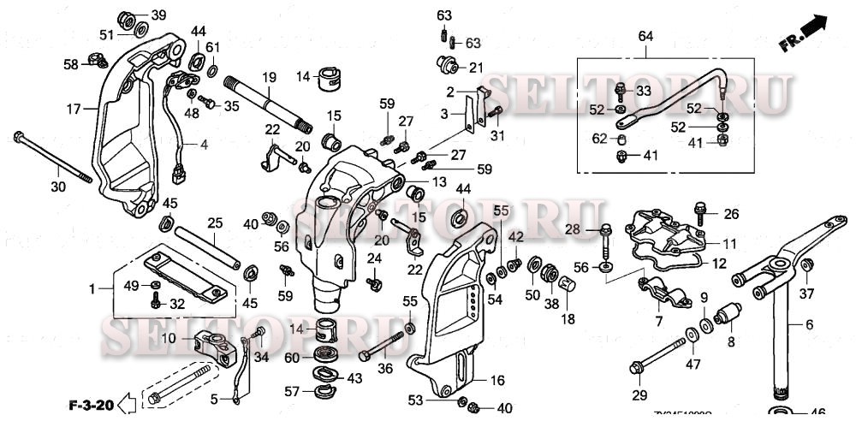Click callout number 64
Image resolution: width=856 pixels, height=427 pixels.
[x=645, y=35]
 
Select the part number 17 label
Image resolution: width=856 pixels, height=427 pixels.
[x=74, y=109]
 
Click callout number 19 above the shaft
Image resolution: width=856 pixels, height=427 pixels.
[x=268, y=77]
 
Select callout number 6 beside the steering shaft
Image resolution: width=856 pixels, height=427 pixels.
[x=809, y=326]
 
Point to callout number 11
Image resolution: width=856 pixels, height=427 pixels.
[x=730, y=244]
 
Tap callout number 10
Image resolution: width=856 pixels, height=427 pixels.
[x=169, y=339]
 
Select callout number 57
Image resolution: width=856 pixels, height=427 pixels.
[x=292, y=391]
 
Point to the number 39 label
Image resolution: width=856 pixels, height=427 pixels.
[x=159, y=16]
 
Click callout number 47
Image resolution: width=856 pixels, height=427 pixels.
[x=693, y=365]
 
